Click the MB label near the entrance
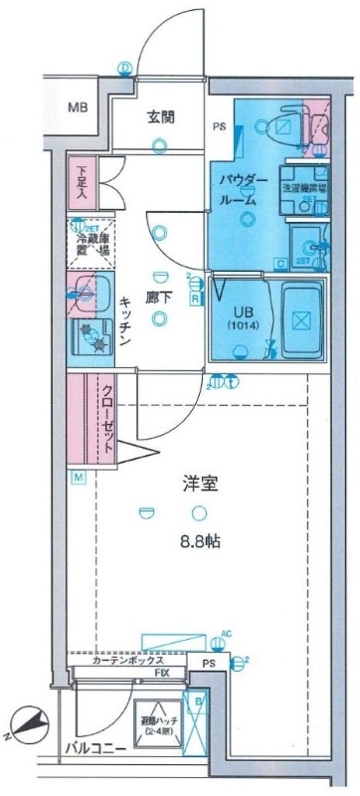pos(77,108)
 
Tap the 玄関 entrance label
pos(162,116)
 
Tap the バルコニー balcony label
pos(95,745)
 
